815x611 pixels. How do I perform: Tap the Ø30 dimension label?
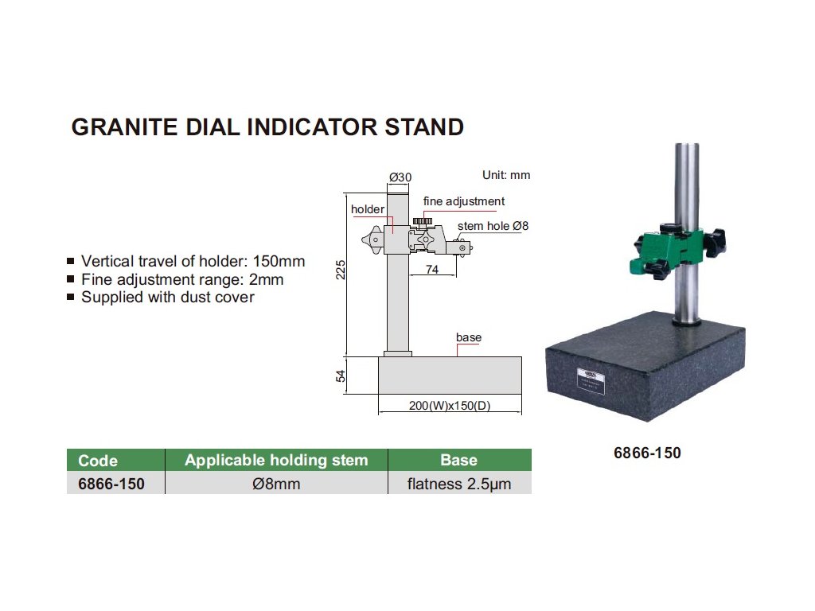pos(400,177)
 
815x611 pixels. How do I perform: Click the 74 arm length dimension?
pos(432,270)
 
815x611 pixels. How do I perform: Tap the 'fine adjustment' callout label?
pos(464,201)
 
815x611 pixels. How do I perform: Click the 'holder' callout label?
pos(368,209)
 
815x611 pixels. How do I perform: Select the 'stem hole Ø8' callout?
pos(493,226)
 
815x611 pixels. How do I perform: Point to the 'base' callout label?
pos(469,337)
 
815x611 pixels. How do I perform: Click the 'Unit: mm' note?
pos(506,175)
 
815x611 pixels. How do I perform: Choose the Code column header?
pos(98,461)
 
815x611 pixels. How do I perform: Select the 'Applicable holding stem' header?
pos(276,460)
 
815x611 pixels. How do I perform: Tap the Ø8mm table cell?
pos(276,483)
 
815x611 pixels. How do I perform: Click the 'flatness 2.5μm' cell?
pos(459,483)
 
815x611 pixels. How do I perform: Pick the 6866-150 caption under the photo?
pos(647,453)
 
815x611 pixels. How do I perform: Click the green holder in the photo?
pos(669,251)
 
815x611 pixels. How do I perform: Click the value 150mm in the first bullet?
pos(278,261)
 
